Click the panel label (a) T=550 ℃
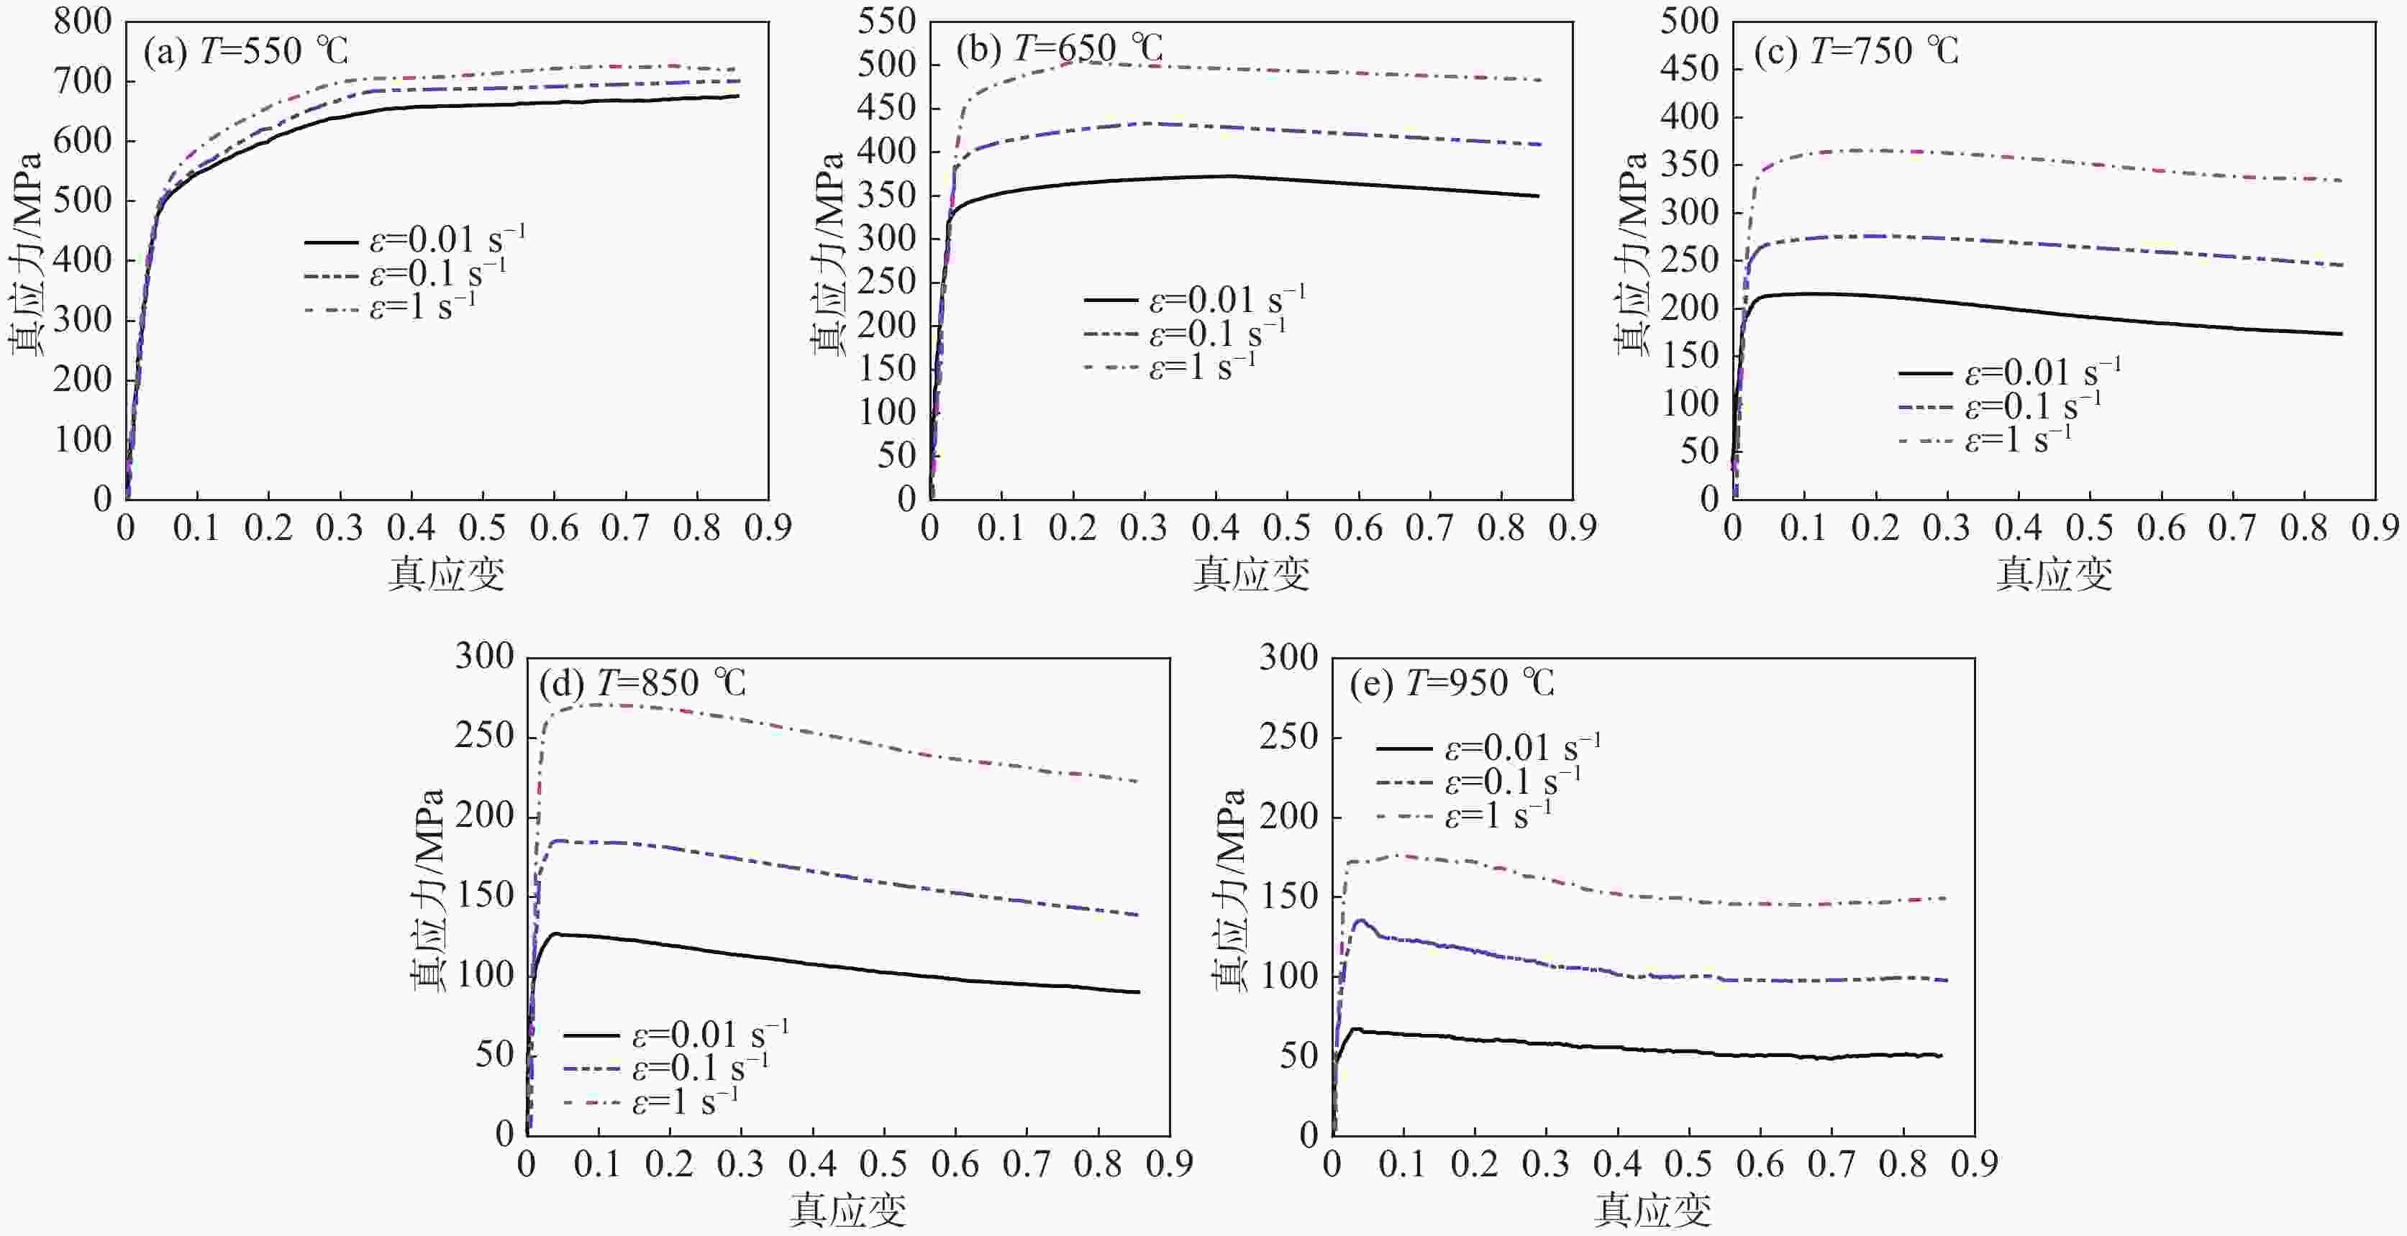[246, 50]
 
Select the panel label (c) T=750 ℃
[1856, 50]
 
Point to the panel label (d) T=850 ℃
[643, 683]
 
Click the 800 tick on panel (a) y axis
[82, 21]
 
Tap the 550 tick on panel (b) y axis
[887, 21]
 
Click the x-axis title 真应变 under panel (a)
[447, 574]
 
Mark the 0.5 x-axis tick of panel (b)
[1287, 528]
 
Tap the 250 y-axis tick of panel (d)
[484, 737]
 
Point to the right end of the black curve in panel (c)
[2342, 334]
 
